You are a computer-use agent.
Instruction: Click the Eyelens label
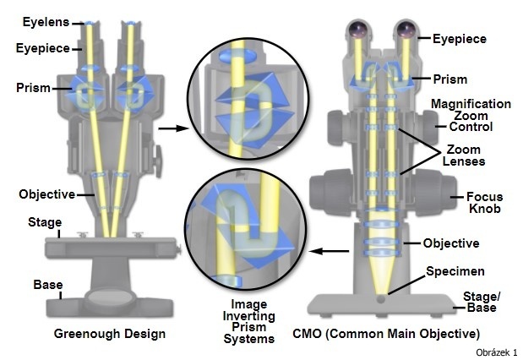(46, 22)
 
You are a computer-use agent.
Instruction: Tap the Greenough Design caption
(110, 334)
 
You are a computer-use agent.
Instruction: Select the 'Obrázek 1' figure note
(496, 352)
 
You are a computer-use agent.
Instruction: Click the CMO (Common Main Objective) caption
(386, 334)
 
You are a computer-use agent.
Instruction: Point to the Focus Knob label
(485, 203)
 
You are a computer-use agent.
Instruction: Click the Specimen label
(455, 271)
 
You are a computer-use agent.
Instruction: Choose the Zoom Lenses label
(464, 155)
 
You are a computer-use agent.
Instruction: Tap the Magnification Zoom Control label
(471, 115)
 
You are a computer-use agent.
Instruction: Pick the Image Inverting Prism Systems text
(248, 321)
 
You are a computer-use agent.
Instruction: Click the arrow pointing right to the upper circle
(173, 128)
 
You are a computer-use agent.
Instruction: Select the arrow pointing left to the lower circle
(330, 251)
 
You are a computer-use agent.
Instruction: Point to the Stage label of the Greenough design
(45, 222)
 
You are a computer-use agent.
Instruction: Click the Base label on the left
(48, 285)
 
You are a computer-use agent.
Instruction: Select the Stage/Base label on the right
(482, 302)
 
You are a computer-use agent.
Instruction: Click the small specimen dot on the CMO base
(380, 299)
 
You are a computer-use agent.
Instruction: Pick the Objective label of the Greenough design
(47, 194)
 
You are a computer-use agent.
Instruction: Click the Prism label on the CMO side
(450, 79)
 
